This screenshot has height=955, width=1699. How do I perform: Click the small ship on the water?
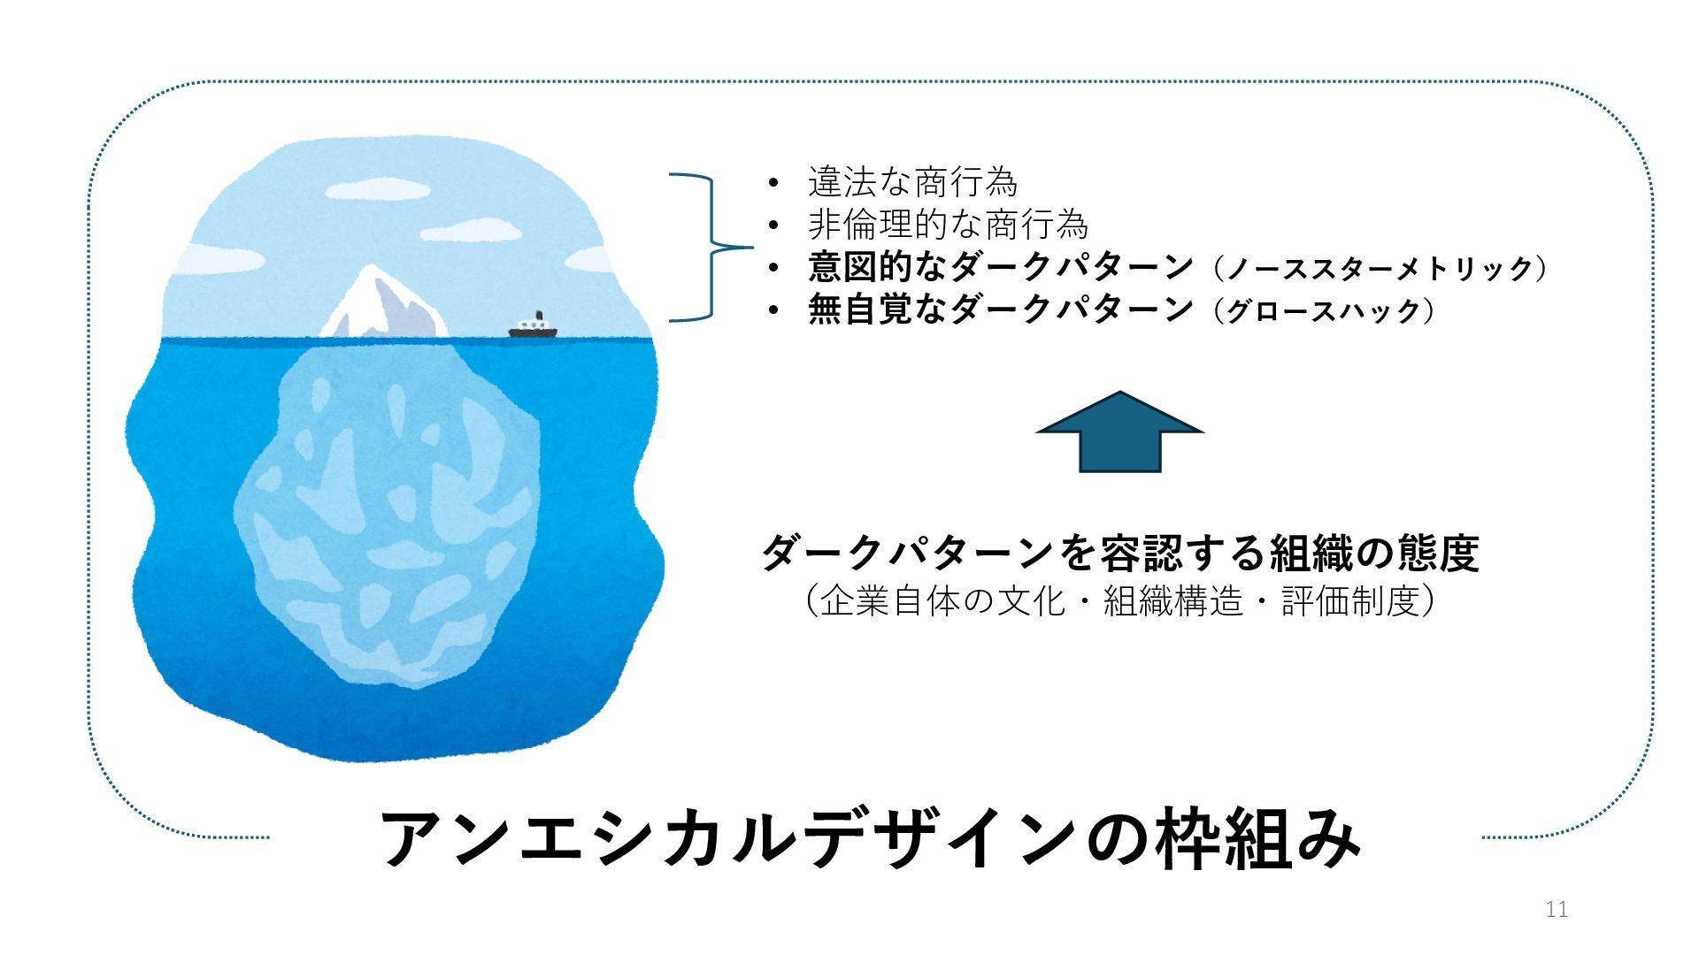(x=533, y=328)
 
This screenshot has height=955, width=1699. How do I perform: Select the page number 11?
(x=1557, y=909)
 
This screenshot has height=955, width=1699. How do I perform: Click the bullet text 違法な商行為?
(x=912, y=182)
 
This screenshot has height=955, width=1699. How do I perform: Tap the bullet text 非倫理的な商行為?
(x=948, y=225)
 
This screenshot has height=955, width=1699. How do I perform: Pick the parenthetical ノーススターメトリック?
(x=1380, y=268)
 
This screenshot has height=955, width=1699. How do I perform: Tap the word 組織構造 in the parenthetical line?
(x=1172, y=601)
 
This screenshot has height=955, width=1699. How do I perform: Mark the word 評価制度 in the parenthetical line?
(x=1350, y=601)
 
